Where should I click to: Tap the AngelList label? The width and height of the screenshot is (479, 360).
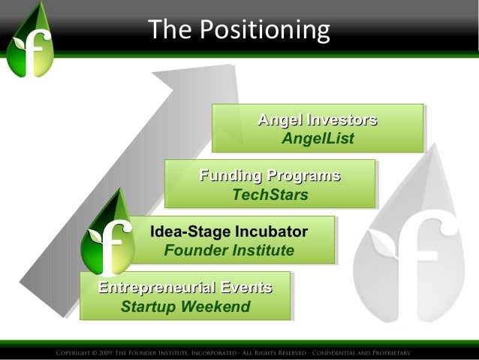pos(317,138)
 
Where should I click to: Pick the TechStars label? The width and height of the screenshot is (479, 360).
pos(270,195)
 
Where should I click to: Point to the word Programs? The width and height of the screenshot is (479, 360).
pos(302,177)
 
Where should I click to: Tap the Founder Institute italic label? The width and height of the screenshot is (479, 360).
pos(229,250)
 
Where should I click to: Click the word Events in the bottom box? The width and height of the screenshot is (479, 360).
pos(245,288)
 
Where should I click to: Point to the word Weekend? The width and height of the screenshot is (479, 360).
pos(218,307)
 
